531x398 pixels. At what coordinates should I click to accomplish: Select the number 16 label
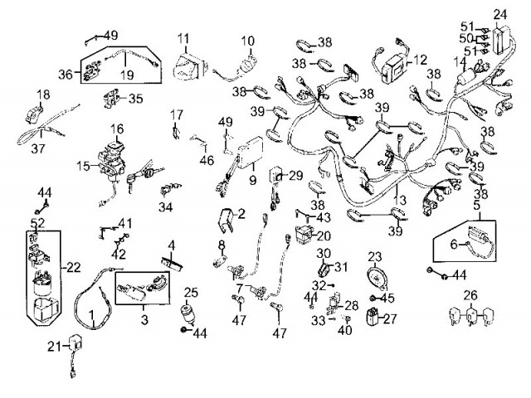pyautogui.click(x=116, y=129)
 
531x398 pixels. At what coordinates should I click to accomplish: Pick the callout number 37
pyautogui.click(x=36, y=150)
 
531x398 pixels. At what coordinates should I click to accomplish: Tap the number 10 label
pyautogui.click(x=248, y=41)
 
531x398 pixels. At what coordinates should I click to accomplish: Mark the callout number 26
pyautogui.click(x=470, y=294)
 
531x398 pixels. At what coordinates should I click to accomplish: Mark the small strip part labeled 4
pyautogui.click(x=173, y=260)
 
